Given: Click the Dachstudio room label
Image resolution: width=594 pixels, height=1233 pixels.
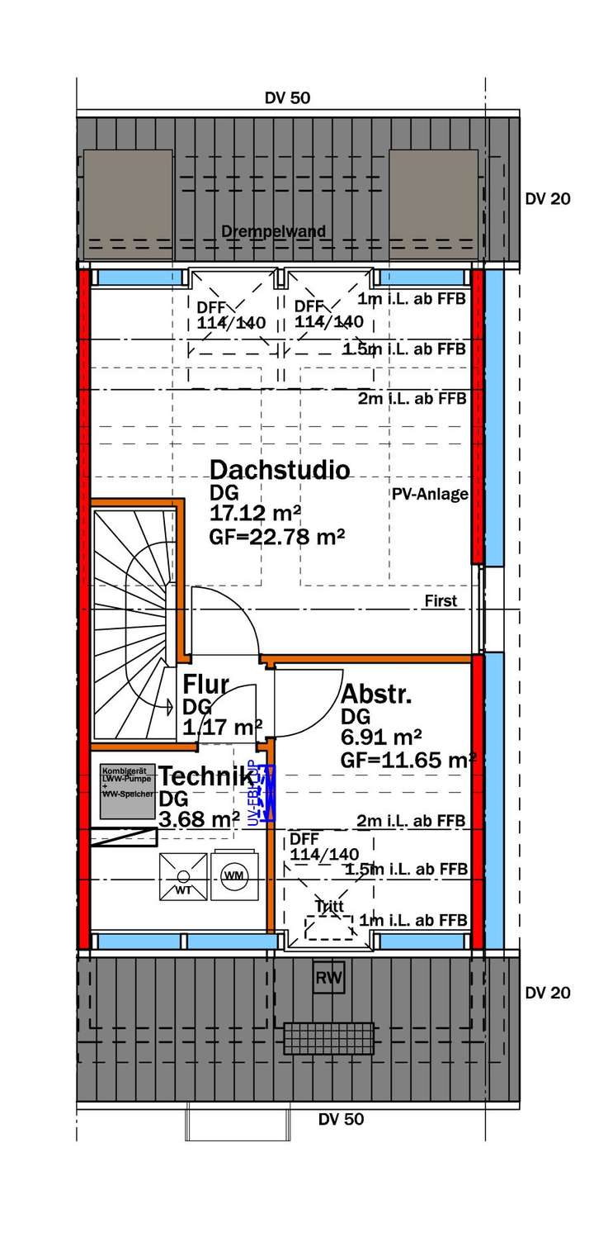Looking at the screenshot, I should (280, 470).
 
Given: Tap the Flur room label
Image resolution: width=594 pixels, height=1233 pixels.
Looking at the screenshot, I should (205, 685).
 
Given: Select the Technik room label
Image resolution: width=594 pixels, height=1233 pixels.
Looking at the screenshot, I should (205, 776).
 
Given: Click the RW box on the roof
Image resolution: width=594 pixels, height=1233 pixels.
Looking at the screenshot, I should (329, 979).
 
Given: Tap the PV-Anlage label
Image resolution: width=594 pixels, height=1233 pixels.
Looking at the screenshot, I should (430, 495).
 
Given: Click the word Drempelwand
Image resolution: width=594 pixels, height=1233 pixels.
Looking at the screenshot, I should (273, 231).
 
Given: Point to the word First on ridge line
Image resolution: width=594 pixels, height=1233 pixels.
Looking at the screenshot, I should (441, 601).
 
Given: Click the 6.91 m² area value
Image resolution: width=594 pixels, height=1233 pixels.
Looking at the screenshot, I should (381, 735).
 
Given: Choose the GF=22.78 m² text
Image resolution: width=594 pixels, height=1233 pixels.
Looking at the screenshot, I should (277, 538).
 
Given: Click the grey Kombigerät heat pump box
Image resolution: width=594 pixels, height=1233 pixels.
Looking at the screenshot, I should (128, 791).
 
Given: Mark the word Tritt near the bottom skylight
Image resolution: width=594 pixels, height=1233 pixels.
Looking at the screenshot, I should (328, 906).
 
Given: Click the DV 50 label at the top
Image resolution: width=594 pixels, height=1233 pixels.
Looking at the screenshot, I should (287, 98).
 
